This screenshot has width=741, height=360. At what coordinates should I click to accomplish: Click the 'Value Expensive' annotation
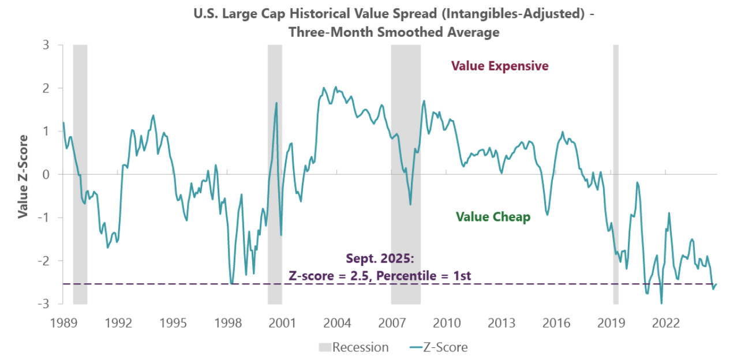click(x=500, y=66)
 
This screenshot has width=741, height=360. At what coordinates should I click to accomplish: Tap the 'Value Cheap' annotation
click(x=493, y=217)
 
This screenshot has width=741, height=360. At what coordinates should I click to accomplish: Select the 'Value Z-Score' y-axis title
click(x=23, y=177)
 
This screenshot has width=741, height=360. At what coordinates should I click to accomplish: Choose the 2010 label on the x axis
click(x=447, y=322)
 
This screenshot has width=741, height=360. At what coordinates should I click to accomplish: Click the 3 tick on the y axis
click(x=44, y=45)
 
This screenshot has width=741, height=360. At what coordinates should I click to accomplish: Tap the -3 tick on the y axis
click(x=42, y=303)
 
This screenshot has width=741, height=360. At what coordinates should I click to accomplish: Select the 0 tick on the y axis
click(x=44, y=174)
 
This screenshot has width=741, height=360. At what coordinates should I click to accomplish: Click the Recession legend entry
click(x=353, y=347)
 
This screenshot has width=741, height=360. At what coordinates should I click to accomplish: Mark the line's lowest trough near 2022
click(x=661, y=303)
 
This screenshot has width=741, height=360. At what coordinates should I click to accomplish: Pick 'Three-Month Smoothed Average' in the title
click(x=394, y=32)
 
